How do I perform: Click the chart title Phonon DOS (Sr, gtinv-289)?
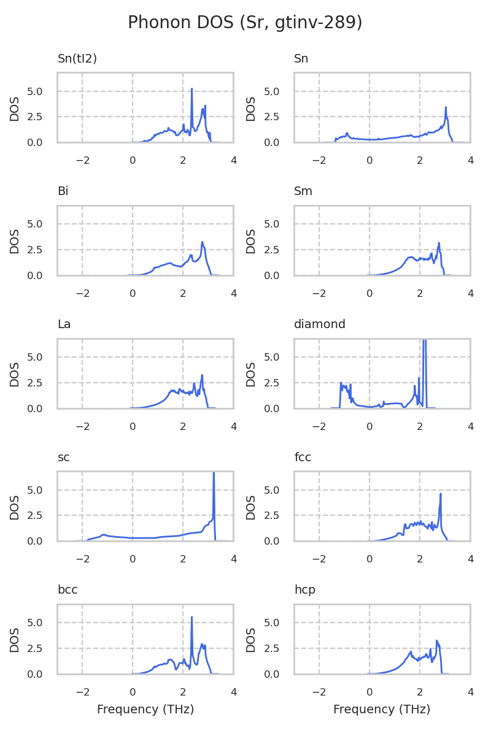[245, 23]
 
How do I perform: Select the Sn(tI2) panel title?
[77, 59]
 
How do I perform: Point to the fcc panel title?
[301, 457]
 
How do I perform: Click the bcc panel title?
[68, 590]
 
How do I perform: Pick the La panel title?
[64, 324]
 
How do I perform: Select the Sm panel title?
[303, 191]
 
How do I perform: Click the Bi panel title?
[63, 191]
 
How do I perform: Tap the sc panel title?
[63, 457]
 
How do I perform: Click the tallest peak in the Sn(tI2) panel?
[191, 89]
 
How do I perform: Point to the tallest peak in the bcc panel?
[192, 618]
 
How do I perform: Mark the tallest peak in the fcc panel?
[441, 494]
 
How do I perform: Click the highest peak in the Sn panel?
[446, 107]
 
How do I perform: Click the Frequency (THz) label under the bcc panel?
[145, 710]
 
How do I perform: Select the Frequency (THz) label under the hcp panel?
[382, 710]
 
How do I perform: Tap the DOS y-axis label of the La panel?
[15, 374]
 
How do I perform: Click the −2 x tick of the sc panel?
[82, 559]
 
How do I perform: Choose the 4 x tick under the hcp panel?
[471, 692]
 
